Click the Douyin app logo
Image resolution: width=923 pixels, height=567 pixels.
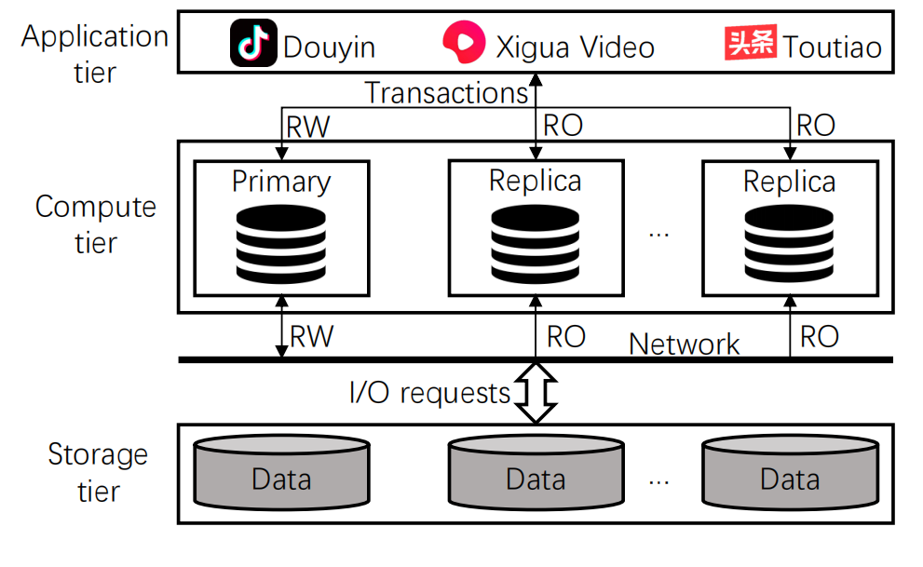253,45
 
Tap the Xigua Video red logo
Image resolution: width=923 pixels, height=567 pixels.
463,44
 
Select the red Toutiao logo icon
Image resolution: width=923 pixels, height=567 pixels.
750,44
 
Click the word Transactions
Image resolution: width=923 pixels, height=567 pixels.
446,93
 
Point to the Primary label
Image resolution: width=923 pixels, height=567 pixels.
281,181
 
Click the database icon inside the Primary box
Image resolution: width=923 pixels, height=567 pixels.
281,244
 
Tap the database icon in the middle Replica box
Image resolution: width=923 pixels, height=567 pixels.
535,244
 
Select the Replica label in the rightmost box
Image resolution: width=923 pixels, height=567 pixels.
789,181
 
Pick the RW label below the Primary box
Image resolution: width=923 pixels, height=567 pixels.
312,336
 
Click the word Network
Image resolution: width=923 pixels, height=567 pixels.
685,344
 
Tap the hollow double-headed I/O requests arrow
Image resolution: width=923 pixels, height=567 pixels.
535,392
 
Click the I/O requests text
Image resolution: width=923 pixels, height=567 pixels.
429,393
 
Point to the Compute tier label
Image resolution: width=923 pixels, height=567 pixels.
96,224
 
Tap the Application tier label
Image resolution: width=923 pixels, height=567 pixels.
95,53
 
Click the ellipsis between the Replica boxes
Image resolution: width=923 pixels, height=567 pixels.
659,233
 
